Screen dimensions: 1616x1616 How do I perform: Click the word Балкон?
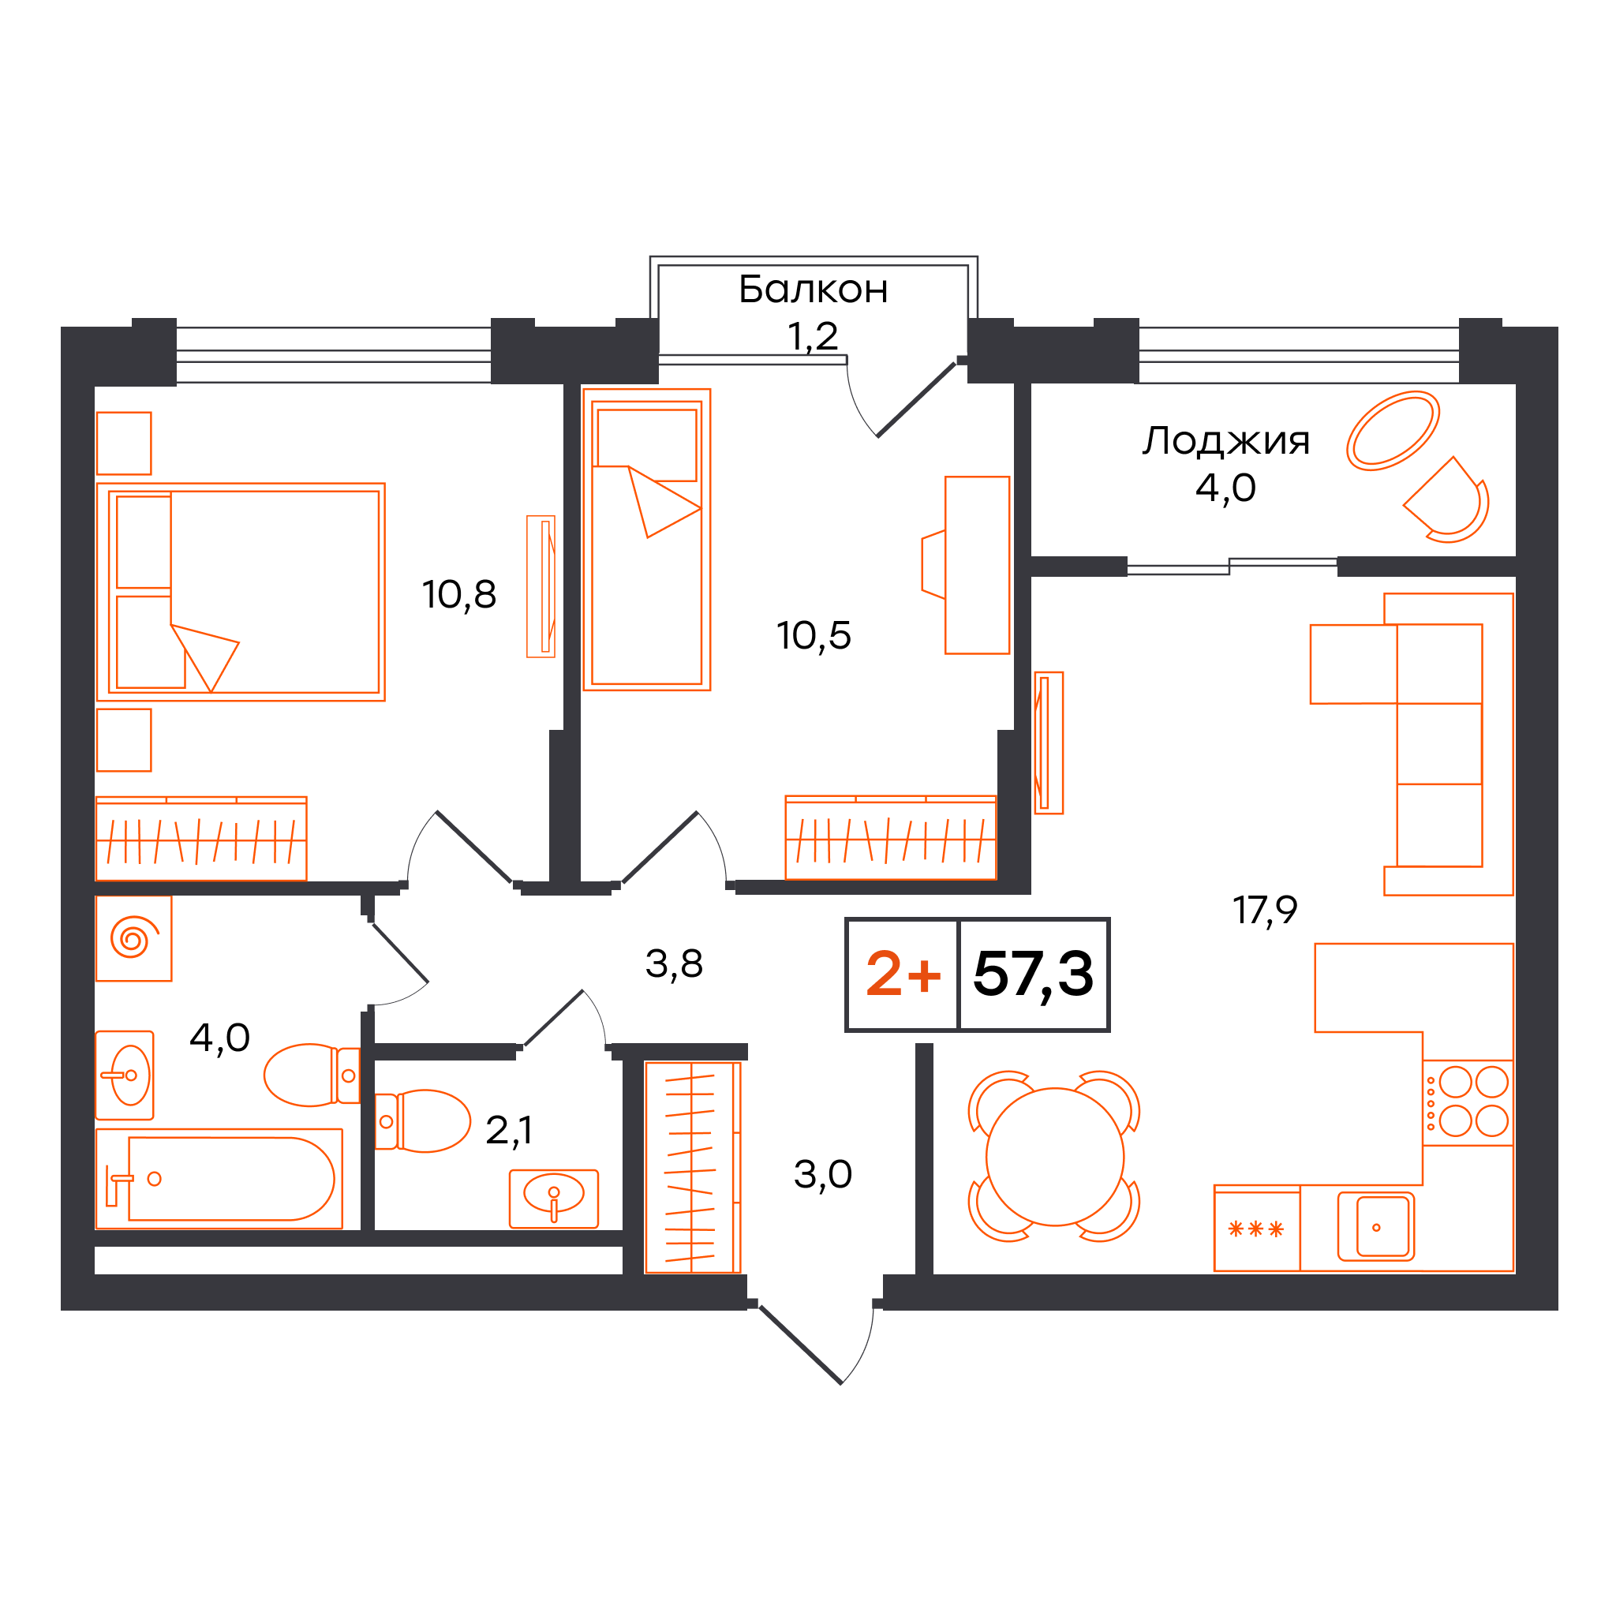point(813,290)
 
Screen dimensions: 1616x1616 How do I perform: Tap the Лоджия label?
point(1226,441)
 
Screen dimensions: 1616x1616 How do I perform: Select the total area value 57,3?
point(1034,974)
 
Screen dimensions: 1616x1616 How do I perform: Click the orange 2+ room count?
point(903,974)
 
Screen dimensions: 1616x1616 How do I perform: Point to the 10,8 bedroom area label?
point(459,595)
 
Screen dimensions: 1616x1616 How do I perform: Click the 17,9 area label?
point(1265,910)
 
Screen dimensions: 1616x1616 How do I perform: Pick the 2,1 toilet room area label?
point(509,1131)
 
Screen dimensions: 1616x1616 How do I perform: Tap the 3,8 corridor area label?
point(674,964)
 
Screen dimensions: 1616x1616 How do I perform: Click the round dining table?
point(1055,1157)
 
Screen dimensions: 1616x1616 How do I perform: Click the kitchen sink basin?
point(1376,1227)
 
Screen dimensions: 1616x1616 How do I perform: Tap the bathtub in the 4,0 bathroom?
point(219,1180)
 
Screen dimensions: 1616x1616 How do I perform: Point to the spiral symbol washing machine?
point(134,938)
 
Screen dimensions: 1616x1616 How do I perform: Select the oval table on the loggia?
point(1393,431)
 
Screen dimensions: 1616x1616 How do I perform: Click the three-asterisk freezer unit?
point(1256,1229)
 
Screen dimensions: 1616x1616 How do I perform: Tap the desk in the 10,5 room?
point(977,566)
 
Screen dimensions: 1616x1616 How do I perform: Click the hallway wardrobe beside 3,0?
point(693,1168)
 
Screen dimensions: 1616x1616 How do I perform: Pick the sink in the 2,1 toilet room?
point(554,1199)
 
